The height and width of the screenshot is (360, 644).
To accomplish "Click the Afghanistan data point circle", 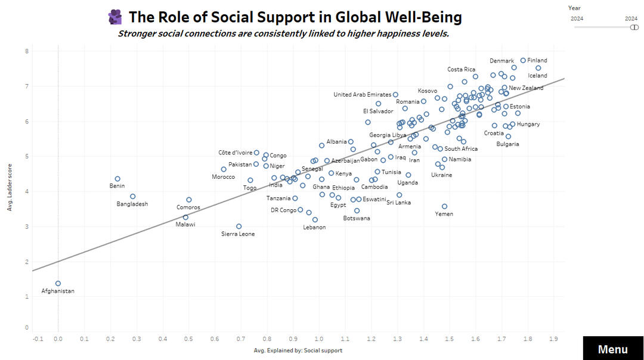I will tap(58, 284).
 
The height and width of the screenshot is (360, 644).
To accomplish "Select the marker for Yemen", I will tap(444, 206).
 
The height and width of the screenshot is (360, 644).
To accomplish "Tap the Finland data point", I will tap(523, 60).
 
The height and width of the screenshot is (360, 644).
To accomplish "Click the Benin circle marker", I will tap(117, 179).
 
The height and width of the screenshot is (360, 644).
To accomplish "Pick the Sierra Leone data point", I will tap(239, 226).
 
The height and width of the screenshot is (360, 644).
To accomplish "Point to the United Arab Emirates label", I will tap(362, 95).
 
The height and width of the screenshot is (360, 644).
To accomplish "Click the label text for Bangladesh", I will tap(132, 204).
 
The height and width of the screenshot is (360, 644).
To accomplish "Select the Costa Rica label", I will tap(462, 70).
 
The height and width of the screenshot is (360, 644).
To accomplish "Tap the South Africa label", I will tap(461, 149).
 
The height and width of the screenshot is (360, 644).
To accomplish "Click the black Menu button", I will tap(612, 349).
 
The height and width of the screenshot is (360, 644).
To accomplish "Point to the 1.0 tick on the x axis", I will tap(319, 339).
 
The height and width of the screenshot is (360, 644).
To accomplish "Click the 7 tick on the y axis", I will tap(26, 86).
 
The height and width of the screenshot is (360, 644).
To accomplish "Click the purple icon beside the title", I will tap(115, 17).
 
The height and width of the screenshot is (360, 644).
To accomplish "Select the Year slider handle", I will tap(634, 27).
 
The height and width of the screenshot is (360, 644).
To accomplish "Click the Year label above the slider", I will tap(574, 8).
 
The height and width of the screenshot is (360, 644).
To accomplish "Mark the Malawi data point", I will tap(185, 218).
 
